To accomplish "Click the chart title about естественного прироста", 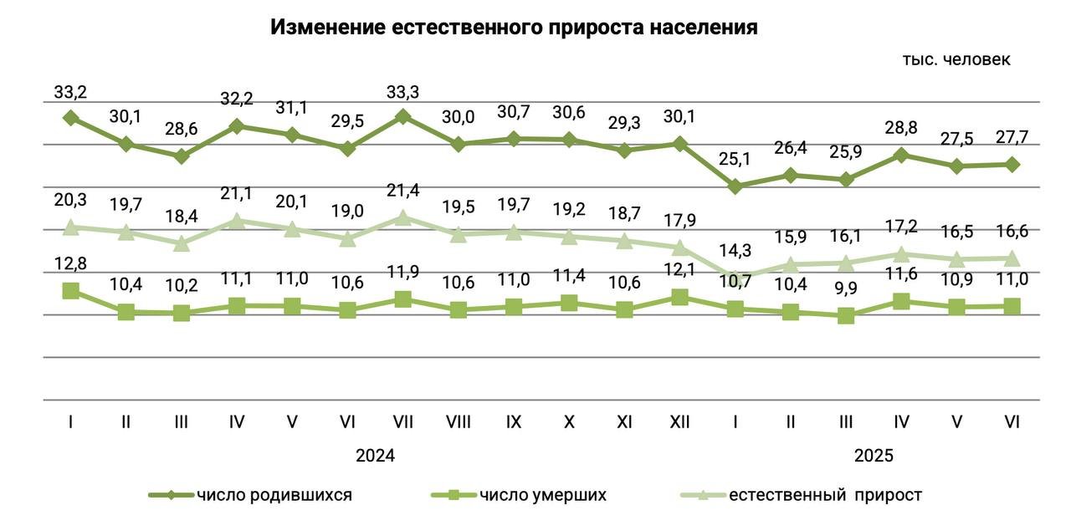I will click(514, 27).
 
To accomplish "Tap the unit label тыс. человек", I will click(956, 59).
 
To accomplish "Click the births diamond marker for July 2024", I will click(403, 117).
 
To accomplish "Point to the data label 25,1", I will click(735, 159).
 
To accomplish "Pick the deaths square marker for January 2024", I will click(71, 291).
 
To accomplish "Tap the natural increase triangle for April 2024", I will click(237, 221).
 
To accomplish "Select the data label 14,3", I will click(735, 249).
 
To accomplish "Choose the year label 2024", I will click(375, 457).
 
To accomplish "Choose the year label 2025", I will click(874, 457).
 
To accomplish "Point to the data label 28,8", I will click(901, 130).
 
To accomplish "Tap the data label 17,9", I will click(679, 222).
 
